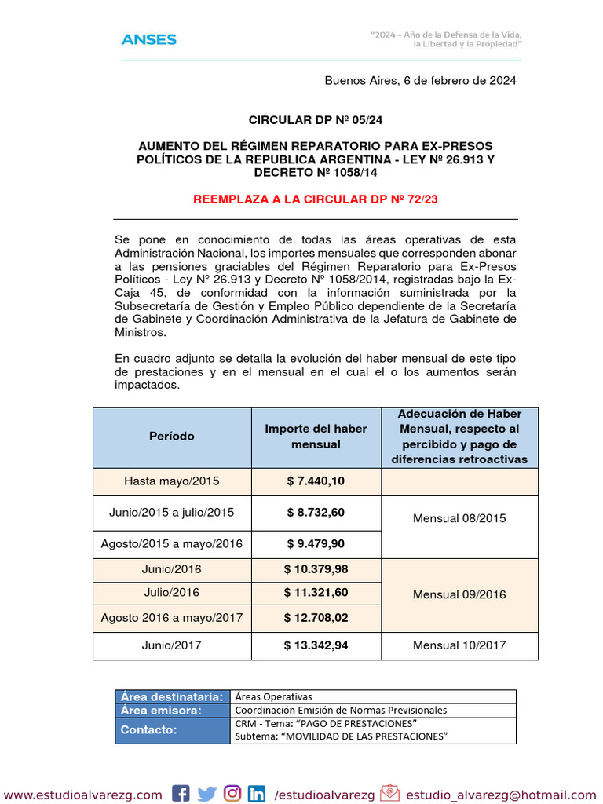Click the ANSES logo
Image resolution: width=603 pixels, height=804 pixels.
[148, 39]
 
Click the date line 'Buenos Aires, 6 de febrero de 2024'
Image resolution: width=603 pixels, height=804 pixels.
[420, 81]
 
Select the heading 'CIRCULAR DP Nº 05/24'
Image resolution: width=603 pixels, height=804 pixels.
[316, 120]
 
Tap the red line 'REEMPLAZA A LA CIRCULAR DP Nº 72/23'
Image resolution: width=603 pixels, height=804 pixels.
[316, 199]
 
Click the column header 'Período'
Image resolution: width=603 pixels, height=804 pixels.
[172, 437]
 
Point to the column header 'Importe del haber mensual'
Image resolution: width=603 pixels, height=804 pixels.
[316, 437]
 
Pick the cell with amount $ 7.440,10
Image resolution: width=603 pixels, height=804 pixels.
[316, 481]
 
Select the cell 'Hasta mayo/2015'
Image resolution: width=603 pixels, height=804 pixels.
[172, 481]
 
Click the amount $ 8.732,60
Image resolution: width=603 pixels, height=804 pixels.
[316, 513]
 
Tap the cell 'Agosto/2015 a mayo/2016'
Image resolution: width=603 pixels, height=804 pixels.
[172, 543]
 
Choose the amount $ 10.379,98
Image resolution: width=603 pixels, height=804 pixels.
[316, 569]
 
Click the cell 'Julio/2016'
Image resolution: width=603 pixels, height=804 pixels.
[172, 593]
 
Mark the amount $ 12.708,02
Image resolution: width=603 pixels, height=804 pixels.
[316, 618]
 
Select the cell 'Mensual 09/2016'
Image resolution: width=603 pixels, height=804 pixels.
[459, 594]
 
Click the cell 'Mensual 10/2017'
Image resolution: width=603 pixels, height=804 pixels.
[459, 645]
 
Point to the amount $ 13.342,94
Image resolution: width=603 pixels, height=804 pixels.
[316, 645]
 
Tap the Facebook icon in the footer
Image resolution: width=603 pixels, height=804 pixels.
[181, 794]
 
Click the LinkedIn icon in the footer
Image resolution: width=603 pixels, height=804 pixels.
[257, 794]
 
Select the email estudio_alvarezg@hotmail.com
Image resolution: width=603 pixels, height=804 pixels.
[501, 795]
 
